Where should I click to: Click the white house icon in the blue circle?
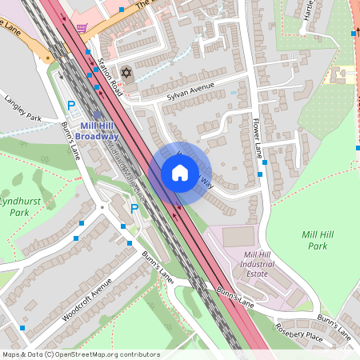click(180, 172)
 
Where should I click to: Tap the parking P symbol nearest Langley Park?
click(71, 106)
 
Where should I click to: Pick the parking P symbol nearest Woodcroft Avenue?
click(134, 209)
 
